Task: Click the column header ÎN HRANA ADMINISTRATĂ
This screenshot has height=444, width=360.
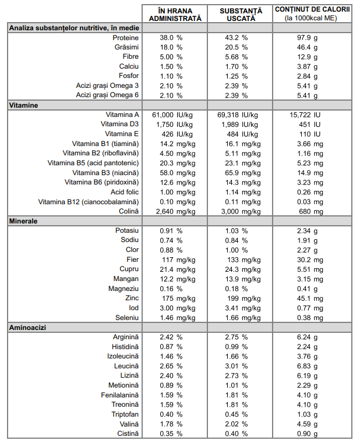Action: [x=175, y=15]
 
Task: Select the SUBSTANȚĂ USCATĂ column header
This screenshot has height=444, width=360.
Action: [x=241, y=15]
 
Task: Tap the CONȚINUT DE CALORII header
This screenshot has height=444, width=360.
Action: [x=312, y=13]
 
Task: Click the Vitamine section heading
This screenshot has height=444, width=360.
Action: [x=23, y=105]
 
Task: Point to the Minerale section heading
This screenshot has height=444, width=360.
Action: [x=23, y=221]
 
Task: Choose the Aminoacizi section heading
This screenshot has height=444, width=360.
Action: [x=27, y=328]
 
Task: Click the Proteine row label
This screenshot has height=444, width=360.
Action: [x=126, y=38]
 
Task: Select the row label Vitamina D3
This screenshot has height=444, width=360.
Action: [x=119, y=124]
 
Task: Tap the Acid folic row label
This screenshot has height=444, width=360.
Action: [x=125, y=192]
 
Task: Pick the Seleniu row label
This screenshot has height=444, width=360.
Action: [x=127, y=318]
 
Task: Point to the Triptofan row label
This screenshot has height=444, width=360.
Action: [x=125, y=414]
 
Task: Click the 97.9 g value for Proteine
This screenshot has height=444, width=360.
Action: [x=307, y=38]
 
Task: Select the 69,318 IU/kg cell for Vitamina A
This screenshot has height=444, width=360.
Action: [x=238, y=115]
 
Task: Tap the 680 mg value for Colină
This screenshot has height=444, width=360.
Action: [x=311, y=211]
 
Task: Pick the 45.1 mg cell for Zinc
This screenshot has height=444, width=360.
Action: [x=310, y=299]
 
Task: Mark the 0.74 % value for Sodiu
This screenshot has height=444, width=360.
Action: [x=171, y=240]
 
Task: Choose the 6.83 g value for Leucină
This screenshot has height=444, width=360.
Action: [x=307, y=366]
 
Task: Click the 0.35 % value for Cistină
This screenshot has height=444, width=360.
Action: [x=171, y=434]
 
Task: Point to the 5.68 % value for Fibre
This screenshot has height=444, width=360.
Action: [x=237, y=57]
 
